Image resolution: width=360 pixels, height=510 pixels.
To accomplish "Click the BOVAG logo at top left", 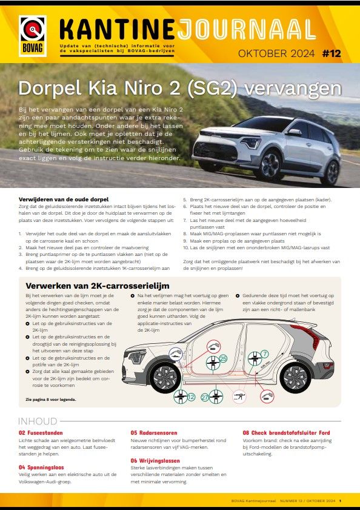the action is coord(33,35).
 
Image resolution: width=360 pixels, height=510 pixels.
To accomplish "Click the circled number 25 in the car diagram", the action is coord(222,359).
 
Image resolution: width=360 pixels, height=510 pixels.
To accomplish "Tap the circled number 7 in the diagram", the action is coord(264,354).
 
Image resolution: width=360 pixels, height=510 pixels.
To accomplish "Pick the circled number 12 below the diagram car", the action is coord(191,397).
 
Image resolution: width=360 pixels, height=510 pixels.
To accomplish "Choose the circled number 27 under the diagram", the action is coord(205,397).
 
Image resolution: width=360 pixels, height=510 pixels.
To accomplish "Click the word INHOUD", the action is coord(38,421).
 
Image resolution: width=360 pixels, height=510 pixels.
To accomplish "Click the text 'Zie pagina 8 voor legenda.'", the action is coord(52,400).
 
